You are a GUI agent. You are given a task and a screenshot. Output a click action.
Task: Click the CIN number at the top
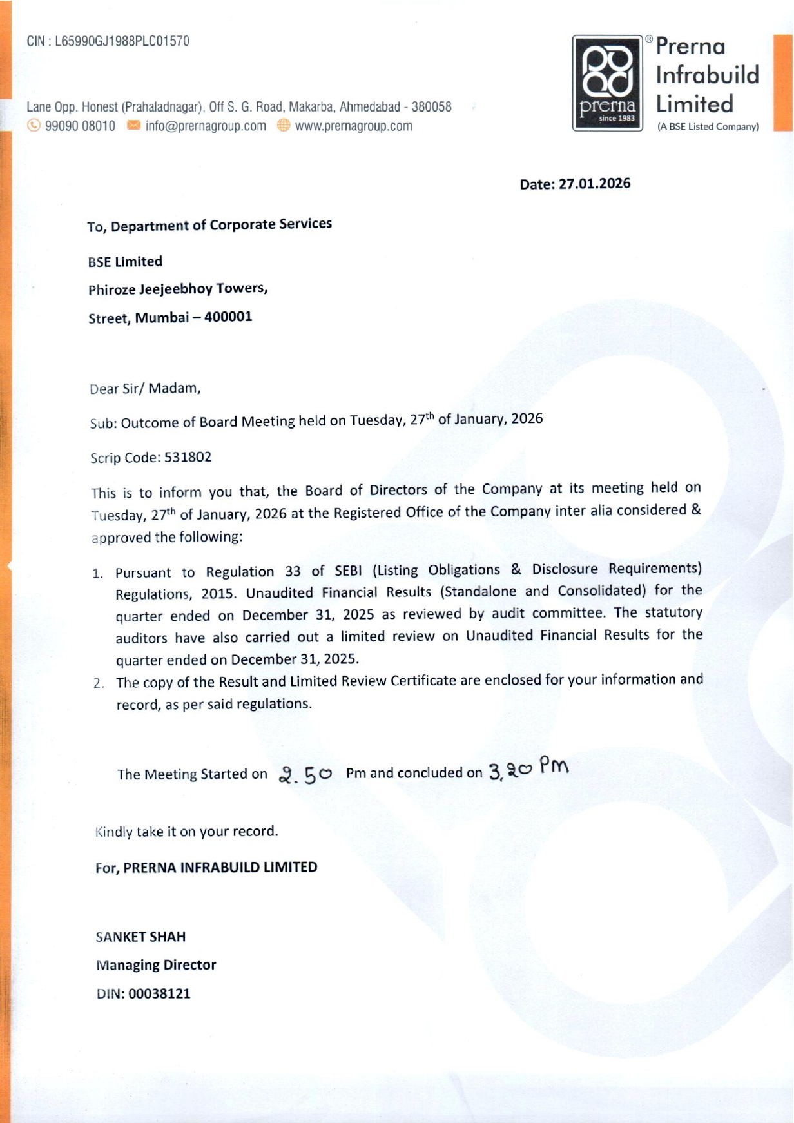pyautogui.click(x=122, y=41)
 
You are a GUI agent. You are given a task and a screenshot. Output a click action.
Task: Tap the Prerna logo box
pyautogui.click(x=608, y=83)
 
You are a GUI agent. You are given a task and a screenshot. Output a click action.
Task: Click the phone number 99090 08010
pyautogui.click(x=80, y=126)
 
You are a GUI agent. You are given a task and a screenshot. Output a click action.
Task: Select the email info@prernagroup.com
pyautogui.click(x=206, y=126)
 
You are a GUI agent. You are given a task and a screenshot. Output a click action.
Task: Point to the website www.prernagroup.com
pyautogui.click(x=353, y=126)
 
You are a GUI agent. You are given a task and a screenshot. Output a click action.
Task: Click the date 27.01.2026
pyautogui.click(x=594, y=184)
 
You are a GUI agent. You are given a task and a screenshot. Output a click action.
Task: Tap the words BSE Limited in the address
pyautogui.click(x=125, y=262)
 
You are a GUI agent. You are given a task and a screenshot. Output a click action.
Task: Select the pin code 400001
pyautogui.click(x=228, y=317)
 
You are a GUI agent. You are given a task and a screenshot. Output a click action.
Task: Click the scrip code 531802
pyautogui.click(x=188, y=457)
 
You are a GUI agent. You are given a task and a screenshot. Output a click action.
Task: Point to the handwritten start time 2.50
pyautogui.click(x=305, y=774)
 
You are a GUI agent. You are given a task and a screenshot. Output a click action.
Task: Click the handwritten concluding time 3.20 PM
pyautogui.click(x=528, y=768)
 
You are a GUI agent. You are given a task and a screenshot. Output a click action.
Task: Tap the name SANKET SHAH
pyautogui.click(x=140, y=937)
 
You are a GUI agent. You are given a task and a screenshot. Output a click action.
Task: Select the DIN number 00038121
pyautogui.click(x=159, y=993)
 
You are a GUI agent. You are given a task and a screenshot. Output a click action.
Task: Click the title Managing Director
pyautogui.click(x=156, y=965)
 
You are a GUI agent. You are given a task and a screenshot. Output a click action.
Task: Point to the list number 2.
pyautogui.click(x=99, y=683)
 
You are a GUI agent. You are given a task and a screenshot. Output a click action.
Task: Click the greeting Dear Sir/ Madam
pyautogui.click(x=145, y=389)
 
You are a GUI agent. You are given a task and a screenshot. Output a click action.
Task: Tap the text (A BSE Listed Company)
pyautogui.click(x=708, y=127)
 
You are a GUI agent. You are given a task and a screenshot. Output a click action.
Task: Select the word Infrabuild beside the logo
pyautogui.click(x=707, y=75)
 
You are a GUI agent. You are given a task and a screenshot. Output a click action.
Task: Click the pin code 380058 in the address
pyautogui.click(x=431, y=107)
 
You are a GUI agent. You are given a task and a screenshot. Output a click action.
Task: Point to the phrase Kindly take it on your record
pyautogui.click(x=186, y=832)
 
